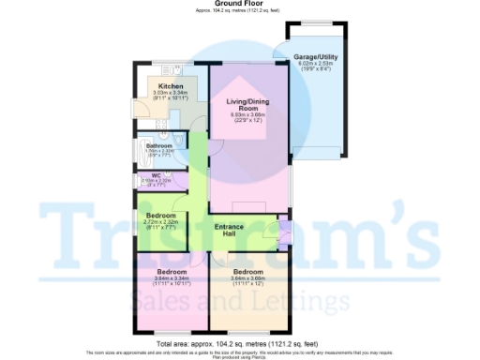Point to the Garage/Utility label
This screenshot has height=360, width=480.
pyautogui.click(x=316, y=57)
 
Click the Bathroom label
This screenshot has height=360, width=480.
pyautogui.click(x=160, y=145)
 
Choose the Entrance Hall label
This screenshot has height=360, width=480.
pyautogui.click(x=231, y=232)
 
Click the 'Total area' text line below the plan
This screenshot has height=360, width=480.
pyautogui.click(x=240, y=345)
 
